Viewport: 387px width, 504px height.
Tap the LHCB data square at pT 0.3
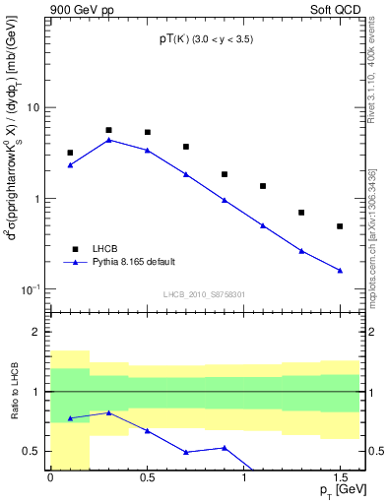(x=108, y=130)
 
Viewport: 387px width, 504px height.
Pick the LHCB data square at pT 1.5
(x=340, y=226)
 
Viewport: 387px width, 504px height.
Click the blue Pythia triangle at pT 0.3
(x=108, y=140)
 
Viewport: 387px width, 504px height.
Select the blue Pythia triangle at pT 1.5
(x=340, y=270)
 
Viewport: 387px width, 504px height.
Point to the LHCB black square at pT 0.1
(x=70, y=153)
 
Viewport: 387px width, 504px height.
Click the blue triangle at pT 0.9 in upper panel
(x=225, y=200)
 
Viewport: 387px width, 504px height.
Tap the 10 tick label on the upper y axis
(x=34, y=107)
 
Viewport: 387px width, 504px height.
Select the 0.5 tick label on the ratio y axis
(x=33, y=451)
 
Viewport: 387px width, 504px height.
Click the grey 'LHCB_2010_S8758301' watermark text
(x=204, y=293)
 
